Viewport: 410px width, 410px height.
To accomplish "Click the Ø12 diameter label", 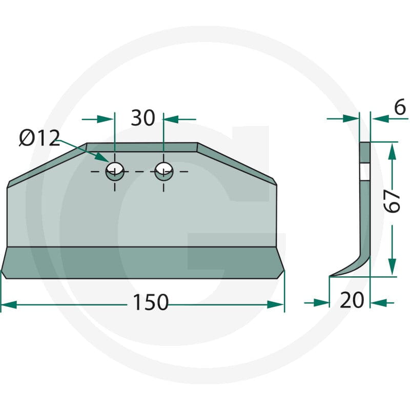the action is (39, 138).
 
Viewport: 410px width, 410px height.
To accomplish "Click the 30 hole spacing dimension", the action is (143, 118).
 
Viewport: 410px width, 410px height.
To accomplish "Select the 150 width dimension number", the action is (151, 302).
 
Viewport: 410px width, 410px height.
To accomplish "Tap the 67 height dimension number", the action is (393, 201).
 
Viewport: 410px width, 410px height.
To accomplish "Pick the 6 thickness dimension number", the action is (400, 107).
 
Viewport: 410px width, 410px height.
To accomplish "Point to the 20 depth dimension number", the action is (352, 300).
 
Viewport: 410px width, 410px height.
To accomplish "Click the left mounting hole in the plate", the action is (115, 171).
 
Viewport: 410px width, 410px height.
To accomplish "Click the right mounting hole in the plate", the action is (163, 171).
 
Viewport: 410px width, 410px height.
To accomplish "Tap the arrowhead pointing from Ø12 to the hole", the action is (102, 157).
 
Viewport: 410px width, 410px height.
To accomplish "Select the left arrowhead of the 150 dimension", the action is (9, 304).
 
